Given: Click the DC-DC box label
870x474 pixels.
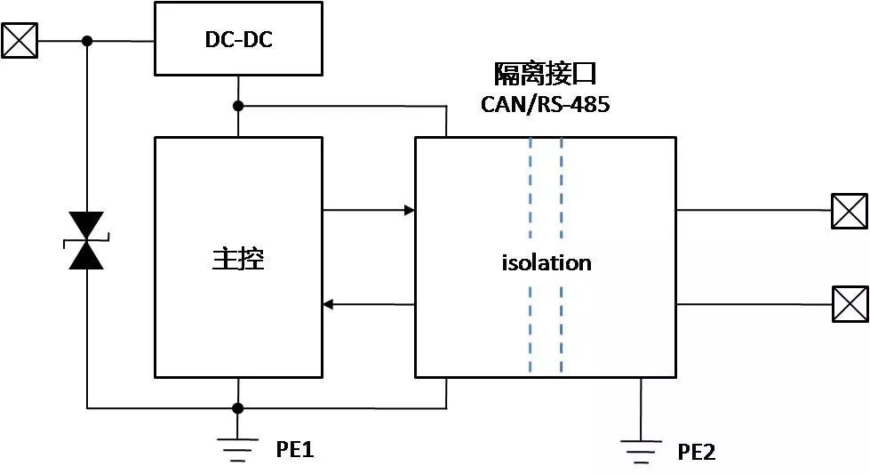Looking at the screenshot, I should [x=236, y=39].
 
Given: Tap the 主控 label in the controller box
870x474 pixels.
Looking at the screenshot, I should [x=238, y=259].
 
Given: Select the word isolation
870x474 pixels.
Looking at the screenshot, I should [x=547, y=263].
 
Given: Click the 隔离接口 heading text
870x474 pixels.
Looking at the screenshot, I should [x=545, y=74].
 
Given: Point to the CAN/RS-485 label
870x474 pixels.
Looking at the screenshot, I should [x=545, y=104].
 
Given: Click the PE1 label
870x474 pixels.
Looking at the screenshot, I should [x=294, y=450].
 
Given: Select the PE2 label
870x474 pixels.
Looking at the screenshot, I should [x=697, y=453].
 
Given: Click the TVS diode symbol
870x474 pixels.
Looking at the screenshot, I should [x=87, y=241].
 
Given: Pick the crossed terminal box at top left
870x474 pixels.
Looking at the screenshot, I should [x=20, y=40].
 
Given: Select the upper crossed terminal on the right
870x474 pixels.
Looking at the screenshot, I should [x=850, y=211].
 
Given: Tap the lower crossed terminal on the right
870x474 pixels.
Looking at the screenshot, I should [x=850, y=304].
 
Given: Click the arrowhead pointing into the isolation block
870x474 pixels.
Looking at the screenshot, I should [x=410, y=211].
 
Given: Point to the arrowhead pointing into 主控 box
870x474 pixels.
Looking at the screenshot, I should [x=328, y=305].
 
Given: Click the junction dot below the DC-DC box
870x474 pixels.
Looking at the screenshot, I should [x=238, y=107].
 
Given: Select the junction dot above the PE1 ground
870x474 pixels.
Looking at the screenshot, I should [x=238, y=408].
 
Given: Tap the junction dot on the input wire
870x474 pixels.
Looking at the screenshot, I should [x=87, y=41].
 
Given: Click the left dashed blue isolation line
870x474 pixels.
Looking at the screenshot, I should [x=531, y=258].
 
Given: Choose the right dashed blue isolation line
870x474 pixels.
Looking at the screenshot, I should [x=562, y=258].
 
